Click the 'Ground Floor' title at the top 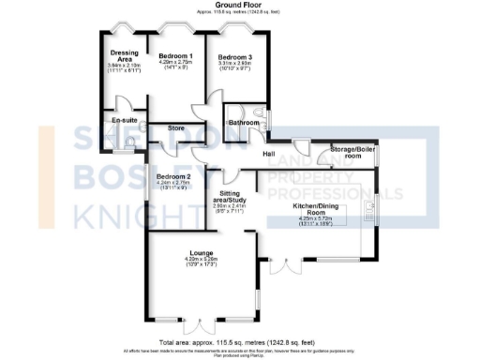tap(239, 5)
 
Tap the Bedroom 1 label tap(175, 56)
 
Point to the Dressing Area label tap(125, 57)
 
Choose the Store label tap(174, 127)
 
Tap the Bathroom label tap(243, 123)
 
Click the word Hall tap(268, 153)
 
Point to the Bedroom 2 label tap(173, 177)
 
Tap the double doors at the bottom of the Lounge tap(199, 328)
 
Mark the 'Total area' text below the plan tap(239, 343)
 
